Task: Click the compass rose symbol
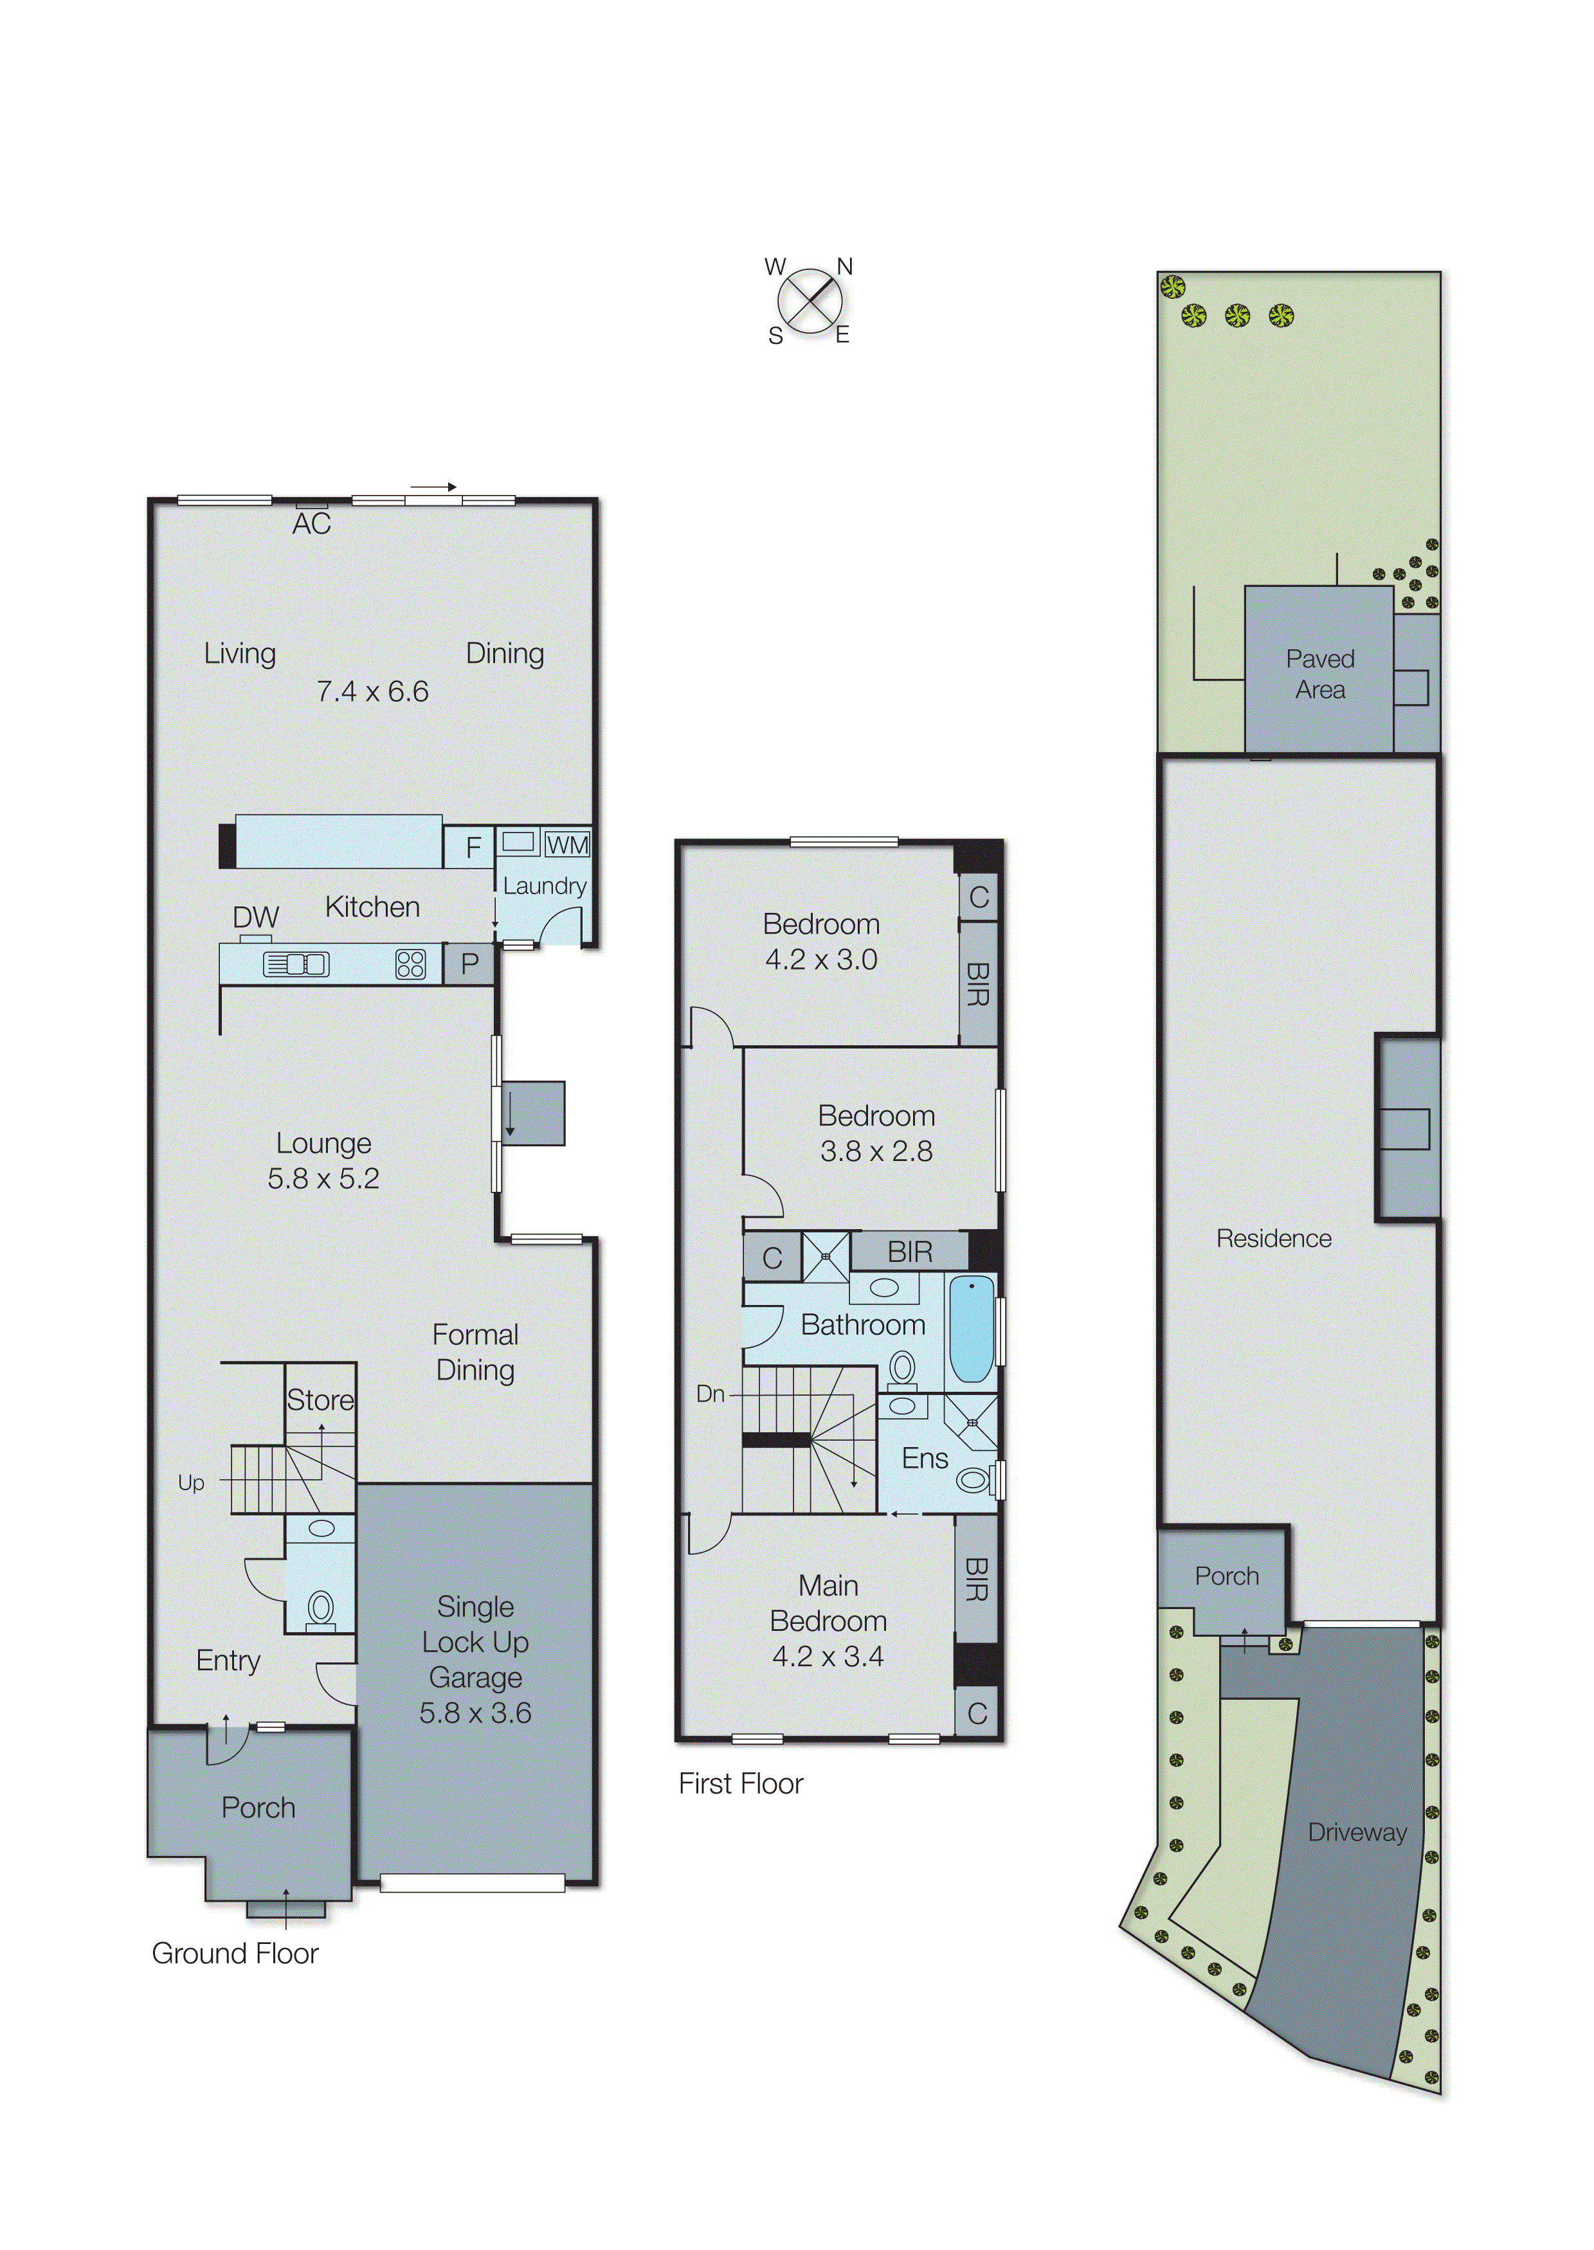[810, 301]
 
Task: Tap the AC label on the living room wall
[311, 524]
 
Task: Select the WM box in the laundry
[567, 845]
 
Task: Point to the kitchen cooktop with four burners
[410, 964]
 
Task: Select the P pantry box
[469, 964]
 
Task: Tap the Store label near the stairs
[320, 1400]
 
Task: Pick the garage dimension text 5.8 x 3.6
[475, 1713]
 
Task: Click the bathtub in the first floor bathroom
[972, 1329]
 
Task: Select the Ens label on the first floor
[925, 1458]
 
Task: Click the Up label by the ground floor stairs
[192, 1482]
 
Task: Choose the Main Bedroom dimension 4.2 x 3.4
[828, 1657]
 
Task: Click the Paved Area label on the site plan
[1319, 674]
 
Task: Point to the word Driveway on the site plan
[1357, 1832]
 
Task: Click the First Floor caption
[740, 1784]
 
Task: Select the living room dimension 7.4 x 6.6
[372, 692]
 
